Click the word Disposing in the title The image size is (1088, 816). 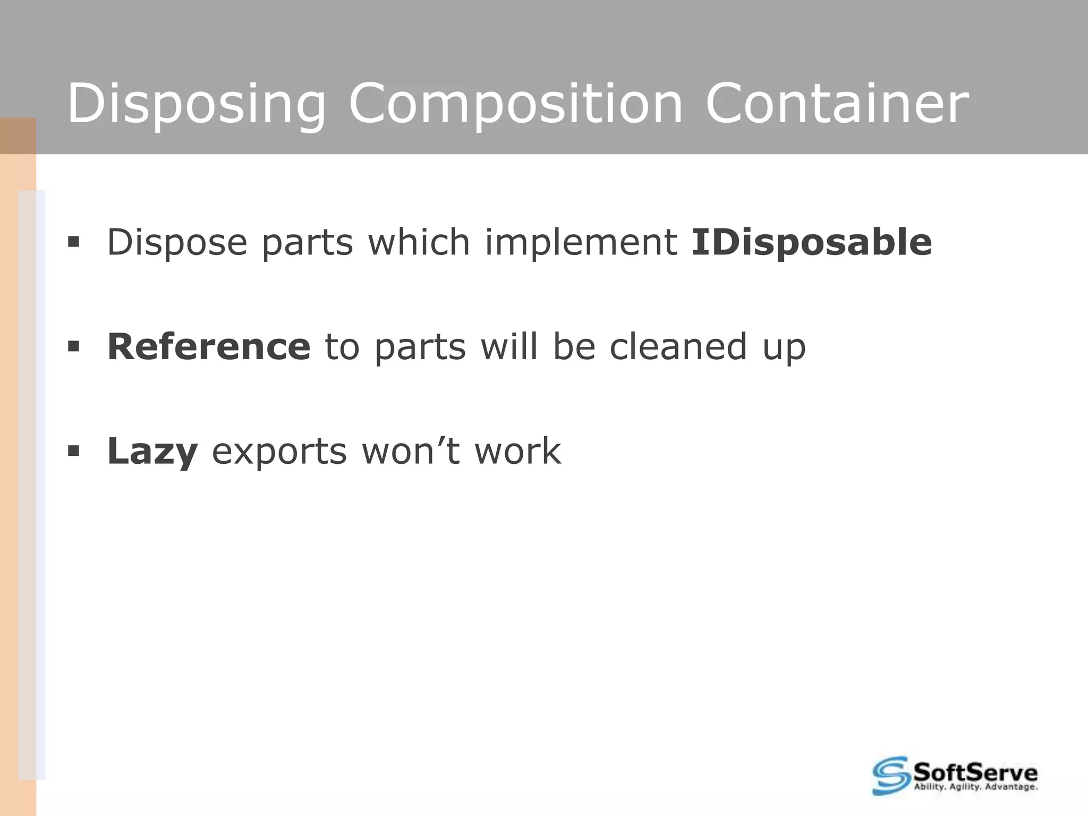195,104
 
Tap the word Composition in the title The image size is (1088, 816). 515,104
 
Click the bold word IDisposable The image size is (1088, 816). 811,243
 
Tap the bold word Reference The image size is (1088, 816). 209,346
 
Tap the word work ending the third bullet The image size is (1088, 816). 517,452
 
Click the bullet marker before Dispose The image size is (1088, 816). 73,243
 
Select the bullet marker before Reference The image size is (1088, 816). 73,347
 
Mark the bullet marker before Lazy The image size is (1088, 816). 73,452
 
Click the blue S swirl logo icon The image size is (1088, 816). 891,775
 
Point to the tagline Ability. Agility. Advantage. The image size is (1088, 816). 975,787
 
